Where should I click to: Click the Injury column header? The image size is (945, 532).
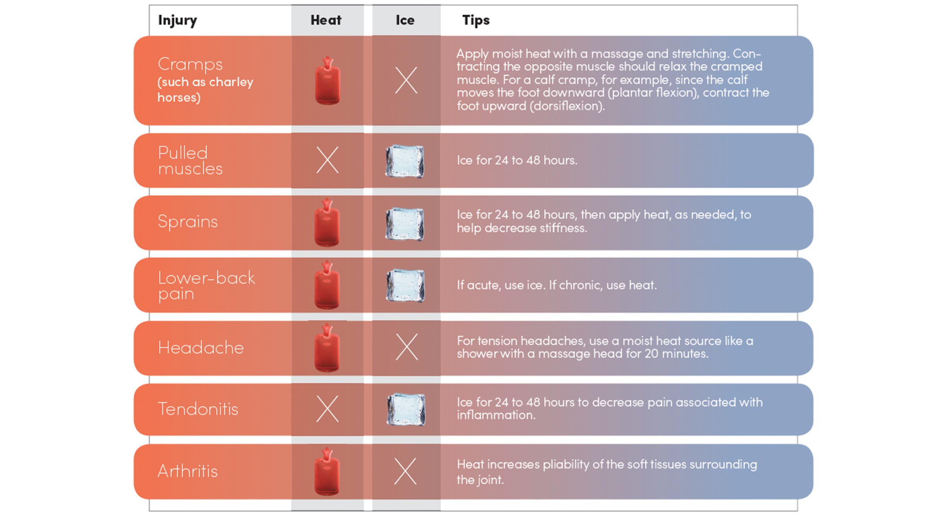pos(178,20)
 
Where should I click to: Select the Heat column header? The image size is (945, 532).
pos(326,20)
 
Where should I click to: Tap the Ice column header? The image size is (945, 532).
pos(405,20)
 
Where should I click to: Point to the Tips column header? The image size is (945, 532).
pos(476,20)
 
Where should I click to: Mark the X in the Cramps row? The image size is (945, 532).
pos(406,80)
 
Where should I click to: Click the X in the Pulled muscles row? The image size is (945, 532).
pos(327,160)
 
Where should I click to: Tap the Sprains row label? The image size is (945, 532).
pos(187,221)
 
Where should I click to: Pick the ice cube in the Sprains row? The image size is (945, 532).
pos(405,224)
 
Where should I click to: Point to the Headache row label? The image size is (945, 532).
pos(201,348)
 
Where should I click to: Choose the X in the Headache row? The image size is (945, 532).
pos(406,347)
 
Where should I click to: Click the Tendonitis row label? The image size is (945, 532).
pos(198,409)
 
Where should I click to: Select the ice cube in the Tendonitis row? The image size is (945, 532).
pos(406,409)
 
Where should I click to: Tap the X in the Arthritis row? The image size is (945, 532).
pos(405,471)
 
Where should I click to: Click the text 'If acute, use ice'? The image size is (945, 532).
pos(501,285)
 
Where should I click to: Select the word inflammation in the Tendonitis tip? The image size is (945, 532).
pos(496,415)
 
